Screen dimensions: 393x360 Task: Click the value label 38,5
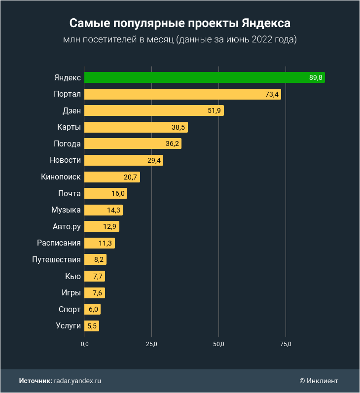178,127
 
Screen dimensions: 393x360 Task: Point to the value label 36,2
172,144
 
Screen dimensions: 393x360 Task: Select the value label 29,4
154,160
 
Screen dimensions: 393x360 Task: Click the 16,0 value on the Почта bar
118,193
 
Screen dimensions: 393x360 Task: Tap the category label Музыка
66,210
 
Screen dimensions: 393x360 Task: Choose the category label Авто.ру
67,226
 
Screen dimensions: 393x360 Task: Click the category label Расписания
59,243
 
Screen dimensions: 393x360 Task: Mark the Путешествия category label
56,259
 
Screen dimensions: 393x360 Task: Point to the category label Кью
73,276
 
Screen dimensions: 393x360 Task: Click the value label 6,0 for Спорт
94,310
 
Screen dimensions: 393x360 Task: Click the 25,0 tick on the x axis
151,344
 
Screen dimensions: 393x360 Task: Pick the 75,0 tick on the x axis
286,344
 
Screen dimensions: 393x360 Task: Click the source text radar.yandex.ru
77,381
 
